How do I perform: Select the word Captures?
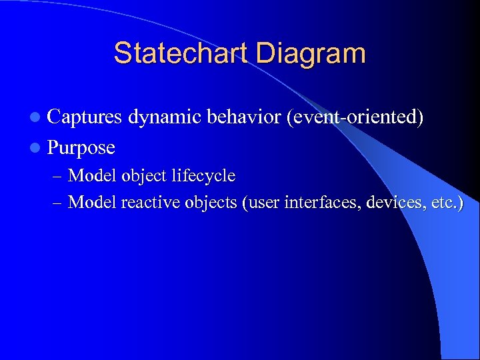(85, 117)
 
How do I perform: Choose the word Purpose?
(81, 147)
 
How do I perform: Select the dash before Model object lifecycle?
(57, 177)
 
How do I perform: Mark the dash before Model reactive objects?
(57, 203)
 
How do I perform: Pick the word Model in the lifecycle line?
(92, 176)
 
